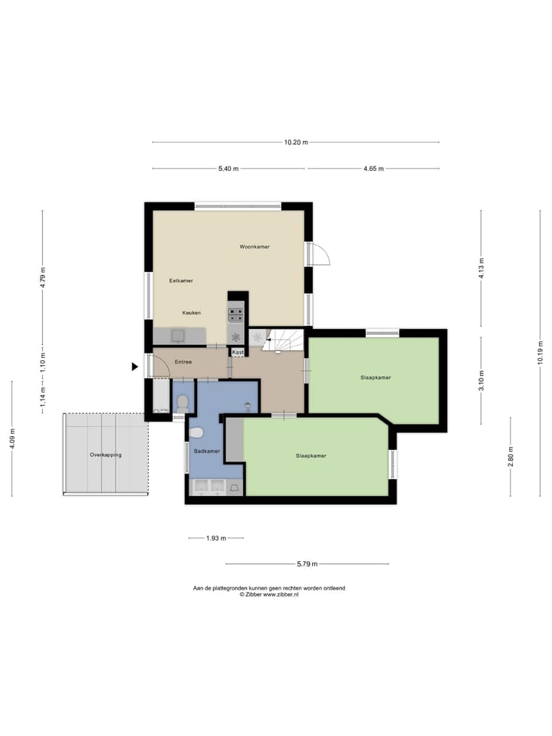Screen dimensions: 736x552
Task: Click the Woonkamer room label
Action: click(255, 247)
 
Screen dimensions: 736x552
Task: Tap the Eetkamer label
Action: click(181, 281)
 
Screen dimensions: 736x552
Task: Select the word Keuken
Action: click(192, 313)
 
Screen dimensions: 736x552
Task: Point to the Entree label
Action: click(182, 362)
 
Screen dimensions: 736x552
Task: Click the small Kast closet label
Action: click(238, 352)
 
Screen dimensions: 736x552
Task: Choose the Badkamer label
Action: click(206, 451)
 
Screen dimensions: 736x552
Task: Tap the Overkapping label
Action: click(106, 455)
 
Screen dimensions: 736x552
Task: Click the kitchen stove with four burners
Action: click(236, 313)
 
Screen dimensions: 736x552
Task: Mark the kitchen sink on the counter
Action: click(179, 335)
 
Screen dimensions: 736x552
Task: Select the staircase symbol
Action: click(285, 339)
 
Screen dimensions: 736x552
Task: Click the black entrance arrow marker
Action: click(135, 366)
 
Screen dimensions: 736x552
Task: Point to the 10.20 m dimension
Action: click(295, 142)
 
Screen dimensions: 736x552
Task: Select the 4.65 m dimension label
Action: click(373, 169)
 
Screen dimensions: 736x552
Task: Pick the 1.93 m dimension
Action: click(216, 538)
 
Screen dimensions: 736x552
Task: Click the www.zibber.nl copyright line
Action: click(268, 594)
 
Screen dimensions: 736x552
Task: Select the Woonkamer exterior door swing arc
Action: click(320, 255)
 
